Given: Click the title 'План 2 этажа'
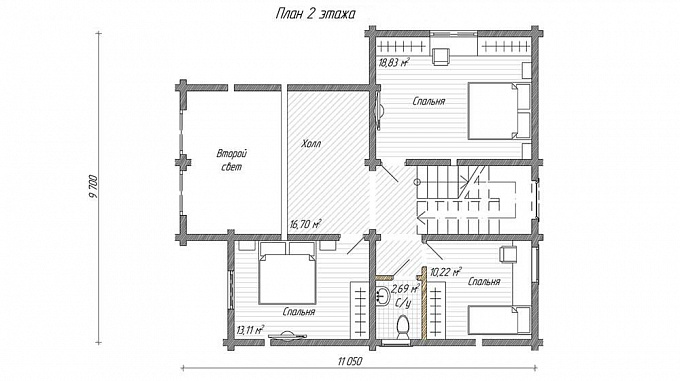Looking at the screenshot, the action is [x=315, y=14].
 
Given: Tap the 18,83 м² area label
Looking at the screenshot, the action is [x=394, y=62].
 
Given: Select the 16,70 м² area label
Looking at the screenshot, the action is [x=305, y=224].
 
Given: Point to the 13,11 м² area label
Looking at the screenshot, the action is [x=250, y=330].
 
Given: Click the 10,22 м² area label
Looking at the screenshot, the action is [x=445, y=272].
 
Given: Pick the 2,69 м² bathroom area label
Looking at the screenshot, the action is [x=405, y=289].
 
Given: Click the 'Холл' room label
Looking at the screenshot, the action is [x=311, y=143].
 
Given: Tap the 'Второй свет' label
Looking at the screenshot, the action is [x=232, y=160].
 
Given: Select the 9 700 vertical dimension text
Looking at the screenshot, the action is [x=92, y=188].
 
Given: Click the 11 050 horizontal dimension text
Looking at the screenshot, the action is [x=350, y=361].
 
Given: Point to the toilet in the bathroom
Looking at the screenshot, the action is [x=402, y=327].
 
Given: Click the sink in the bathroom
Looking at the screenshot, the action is [x=382, y=295].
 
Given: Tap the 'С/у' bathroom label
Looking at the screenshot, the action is [x=403, y=302].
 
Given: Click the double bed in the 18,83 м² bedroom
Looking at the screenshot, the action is [x=499, y=111].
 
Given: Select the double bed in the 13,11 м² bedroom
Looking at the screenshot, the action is [x=287, y=273].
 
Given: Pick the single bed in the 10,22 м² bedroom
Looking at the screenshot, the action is [x=500, y=320].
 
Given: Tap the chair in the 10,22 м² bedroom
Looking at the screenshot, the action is [x=508, y=254].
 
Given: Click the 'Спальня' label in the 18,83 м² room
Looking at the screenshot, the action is [x=428, y=101].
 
